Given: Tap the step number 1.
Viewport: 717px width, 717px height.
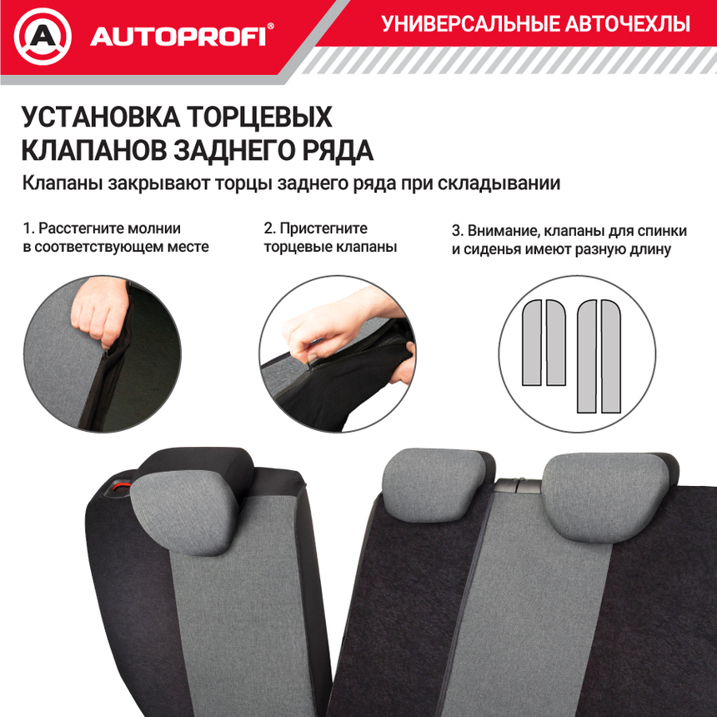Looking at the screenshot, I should pos(28,228).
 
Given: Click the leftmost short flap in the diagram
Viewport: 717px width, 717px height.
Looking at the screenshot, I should pos(531,342).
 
